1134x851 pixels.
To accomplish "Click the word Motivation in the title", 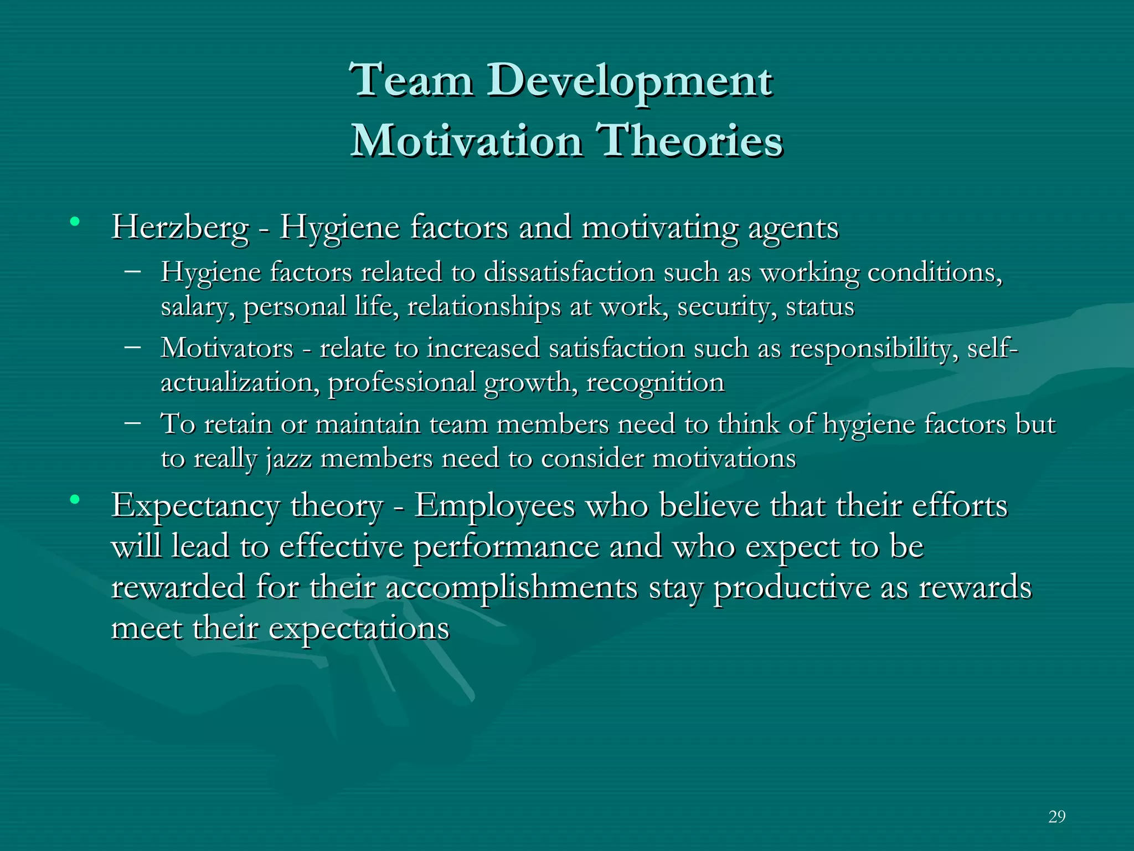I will point(467,141).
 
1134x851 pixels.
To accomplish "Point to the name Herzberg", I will point(180,228).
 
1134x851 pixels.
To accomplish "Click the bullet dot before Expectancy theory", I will point(75,500).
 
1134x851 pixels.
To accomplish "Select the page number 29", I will point(1056,816).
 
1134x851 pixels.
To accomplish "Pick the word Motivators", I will point(226,348).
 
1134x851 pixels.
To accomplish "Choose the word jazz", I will point(288,459).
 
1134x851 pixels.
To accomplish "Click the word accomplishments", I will point(512,587).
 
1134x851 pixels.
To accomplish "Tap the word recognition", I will point(655,383).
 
